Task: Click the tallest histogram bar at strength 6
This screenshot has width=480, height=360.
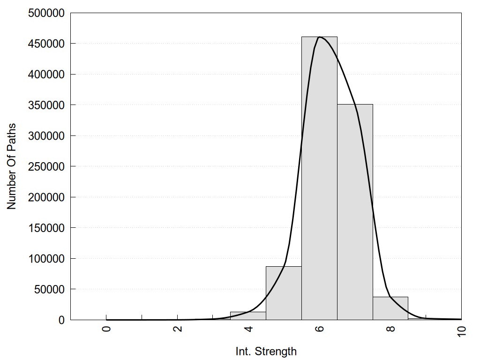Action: tap(319, 178)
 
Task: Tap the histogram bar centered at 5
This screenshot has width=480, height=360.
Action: tap(284, 293)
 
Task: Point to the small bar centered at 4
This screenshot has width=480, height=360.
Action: tap(248, 316)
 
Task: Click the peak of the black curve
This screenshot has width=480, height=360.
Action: tap(319, 37)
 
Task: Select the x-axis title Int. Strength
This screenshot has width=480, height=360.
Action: tap(266, 351)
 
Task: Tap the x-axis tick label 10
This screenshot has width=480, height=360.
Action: tap(462, 331)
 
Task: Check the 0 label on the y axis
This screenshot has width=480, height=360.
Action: tap(61, 320)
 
